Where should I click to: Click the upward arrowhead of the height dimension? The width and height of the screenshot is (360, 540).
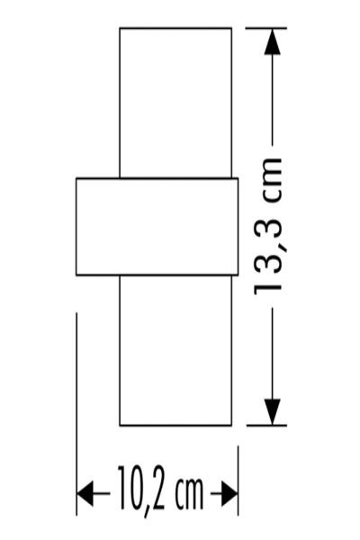coord(273,42)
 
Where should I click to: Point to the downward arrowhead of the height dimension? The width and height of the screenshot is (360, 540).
coord(273,412)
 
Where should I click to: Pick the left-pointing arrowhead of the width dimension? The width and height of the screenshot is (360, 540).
coord(85,493)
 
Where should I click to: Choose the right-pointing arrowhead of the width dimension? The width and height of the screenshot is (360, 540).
coord(229,493)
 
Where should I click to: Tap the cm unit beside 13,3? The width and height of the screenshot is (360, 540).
coord(273,180)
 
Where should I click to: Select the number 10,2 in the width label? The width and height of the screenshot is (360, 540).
coord(141,489)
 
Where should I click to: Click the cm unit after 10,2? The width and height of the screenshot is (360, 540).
coord(189,493)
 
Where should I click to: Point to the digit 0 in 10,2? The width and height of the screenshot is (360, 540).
coord(135,488)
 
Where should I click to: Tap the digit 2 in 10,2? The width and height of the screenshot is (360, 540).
coord(157,488)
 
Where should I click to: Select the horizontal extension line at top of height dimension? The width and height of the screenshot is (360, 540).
coord(266,28)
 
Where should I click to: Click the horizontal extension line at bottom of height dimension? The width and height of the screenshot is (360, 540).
coord(266,426)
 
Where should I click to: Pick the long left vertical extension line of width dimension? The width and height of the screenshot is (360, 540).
coord(76,414)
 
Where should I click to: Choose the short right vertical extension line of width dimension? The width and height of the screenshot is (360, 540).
coord(238,481)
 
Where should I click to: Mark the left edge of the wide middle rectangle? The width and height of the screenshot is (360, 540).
coord(76,227)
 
